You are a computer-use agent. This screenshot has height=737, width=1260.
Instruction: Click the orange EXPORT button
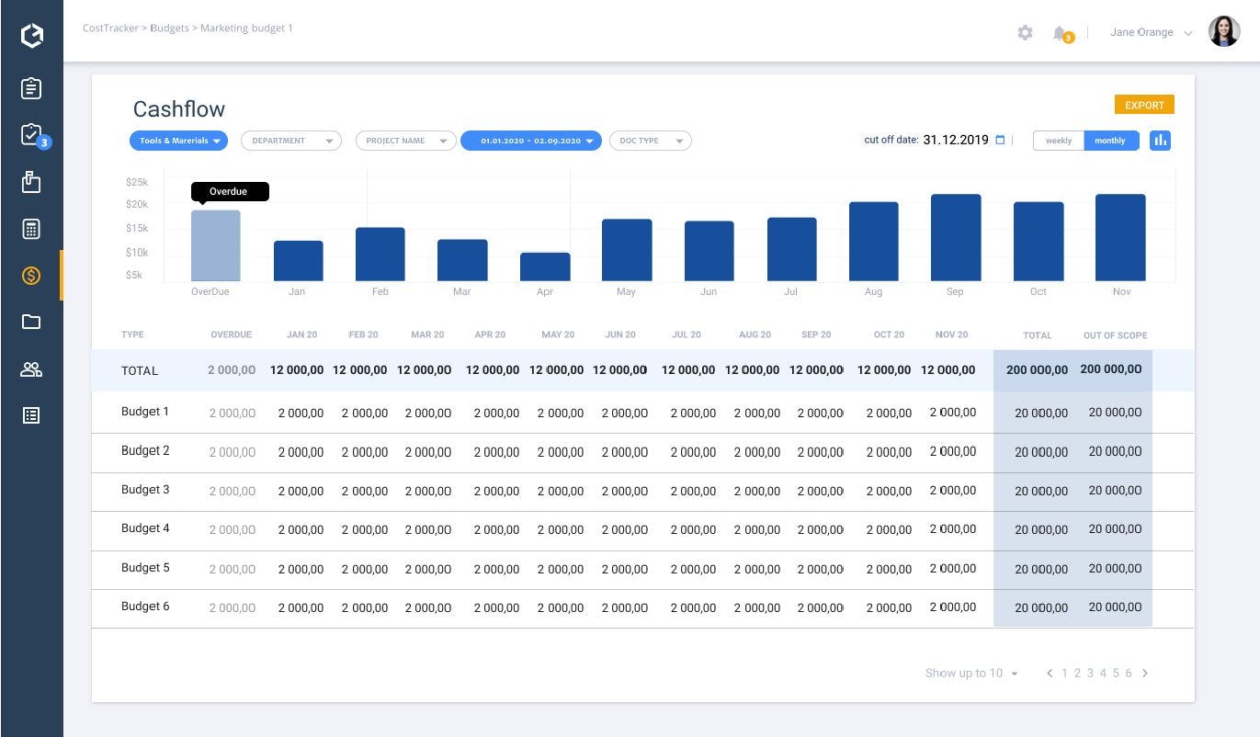pos(1144,105)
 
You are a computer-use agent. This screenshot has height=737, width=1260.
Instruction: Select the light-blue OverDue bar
pos(216,245)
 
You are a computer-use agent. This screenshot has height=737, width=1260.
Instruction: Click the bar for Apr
pos(545,266)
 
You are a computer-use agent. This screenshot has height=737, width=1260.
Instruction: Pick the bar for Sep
pos(956,237)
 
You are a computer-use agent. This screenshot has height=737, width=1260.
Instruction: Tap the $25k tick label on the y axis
pos(137,182)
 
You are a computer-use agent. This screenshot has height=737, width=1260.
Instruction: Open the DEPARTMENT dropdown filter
pos(290,141)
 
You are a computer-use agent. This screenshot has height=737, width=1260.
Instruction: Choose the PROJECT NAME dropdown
pos(405,141)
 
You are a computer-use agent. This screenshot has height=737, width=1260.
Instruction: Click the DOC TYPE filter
pos(650,141)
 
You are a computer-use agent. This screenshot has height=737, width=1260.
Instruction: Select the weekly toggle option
pos(1059,141)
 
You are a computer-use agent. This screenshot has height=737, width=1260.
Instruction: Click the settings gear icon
pos(1025,33)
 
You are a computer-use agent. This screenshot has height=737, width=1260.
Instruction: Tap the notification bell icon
pos(1061,34)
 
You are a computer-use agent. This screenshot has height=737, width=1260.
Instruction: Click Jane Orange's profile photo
pos(1223,32)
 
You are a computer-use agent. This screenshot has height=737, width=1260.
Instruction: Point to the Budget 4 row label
pos(145,528)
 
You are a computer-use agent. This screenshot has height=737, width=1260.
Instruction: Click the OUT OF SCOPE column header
pos(1115,335)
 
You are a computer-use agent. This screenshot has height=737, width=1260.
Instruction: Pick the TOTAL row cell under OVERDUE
pos(232,370)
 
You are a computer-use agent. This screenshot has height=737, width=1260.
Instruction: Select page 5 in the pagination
pos(1116,673)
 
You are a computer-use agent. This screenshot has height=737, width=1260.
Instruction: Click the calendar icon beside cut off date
pos(1000,140)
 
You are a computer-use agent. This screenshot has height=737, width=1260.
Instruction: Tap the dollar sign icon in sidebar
pos(31,275)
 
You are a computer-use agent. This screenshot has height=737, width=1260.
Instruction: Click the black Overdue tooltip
pos(229,191)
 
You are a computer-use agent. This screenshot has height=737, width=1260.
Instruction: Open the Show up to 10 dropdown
pos(971,673)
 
